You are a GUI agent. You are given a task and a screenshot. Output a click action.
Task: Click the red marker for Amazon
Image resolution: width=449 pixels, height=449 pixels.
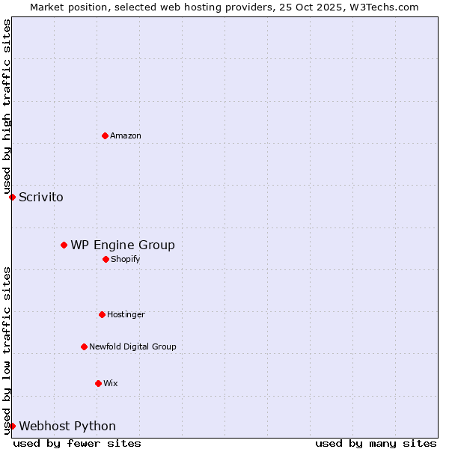[x=105, y=135]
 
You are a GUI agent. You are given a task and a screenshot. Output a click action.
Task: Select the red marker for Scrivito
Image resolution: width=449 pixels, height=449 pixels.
[x=12, y=197]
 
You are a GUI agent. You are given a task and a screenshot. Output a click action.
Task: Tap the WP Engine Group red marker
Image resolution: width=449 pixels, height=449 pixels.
[x=64, y=245]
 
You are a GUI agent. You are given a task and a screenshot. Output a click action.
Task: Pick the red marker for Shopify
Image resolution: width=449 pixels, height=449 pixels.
[x=106, y=259]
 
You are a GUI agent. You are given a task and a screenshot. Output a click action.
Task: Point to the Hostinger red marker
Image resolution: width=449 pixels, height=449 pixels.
[x=102, y=314]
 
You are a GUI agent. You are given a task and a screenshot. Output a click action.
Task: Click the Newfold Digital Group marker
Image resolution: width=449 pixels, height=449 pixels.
[x=84, y=346]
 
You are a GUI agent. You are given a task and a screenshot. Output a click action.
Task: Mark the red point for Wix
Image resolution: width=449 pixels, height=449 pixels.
[x=98, y=383]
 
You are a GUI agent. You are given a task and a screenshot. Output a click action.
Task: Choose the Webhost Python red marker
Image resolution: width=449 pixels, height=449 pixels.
[x=12, y=426]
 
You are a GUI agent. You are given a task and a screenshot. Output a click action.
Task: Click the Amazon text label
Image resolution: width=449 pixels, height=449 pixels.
[x=126, y=135]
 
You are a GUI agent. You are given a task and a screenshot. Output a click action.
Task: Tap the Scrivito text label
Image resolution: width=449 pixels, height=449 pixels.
[x=41, y=198]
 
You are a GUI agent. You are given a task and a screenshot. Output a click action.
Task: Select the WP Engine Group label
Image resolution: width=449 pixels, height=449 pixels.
[x=123, y=245]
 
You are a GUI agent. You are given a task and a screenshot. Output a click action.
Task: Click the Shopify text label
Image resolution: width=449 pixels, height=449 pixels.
[x=126, y=259]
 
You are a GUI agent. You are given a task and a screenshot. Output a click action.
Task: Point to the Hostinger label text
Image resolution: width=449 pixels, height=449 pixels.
[x=126, y=314]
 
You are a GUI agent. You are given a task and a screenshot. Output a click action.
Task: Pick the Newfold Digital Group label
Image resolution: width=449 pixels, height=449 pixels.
[x=132, y=346]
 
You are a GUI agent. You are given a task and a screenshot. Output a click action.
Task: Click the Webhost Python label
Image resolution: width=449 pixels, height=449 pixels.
[x=67, y=427]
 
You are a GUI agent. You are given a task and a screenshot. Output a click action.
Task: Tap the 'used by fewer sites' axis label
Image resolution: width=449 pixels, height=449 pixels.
[x=77, y=443]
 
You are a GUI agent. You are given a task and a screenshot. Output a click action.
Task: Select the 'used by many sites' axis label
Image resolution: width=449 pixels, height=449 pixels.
[x=376, y=443]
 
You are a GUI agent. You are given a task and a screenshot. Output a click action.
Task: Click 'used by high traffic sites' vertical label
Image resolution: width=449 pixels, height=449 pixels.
[x=7, y=106]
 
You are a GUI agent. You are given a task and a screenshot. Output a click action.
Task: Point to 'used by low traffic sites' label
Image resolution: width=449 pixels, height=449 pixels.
[x=7, y=350]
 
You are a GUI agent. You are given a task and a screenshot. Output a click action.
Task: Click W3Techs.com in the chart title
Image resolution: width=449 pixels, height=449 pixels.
[x=382, y=7]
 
